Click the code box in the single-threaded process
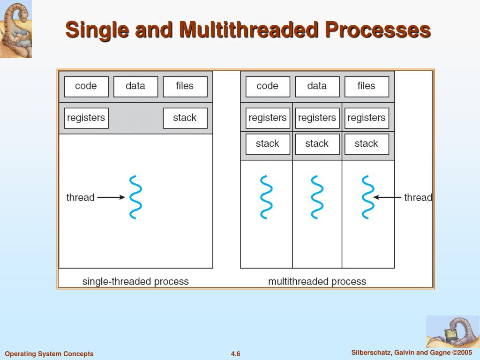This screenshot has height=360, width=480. [x=86, y=87]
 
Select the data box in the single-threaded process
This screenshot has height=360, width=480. [x=135, y=87]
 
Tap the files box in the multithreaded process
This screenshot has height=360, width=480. [x=366, y=87]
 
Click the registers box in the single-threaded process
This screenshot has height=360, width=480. [x=86, y=118]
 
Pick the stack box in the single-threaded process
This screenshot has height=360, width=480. [x=185, y=118]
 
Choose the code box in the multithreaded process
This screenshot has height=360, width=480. [x=268, y=87]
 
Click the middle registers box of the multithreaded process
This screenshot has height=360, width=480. [x=317, y=118]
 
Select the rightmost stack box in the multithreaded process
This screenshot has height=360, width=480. [x=366, y=144]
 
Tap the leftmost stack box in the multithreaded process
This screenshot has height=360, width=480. [x=268, y=144]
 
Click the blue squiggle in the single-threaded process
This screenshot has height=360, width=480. [x=135, y=197]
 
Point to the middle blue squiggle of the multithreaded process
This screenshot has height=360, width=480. [x=317, y=197]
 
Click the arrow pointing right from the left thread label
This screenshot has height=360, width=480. [x=111, y=197]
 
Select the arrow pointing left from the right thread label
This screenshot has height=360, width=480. [x=388, y=197]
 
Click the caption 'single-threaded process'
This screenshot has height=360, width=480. [x=135, y=282]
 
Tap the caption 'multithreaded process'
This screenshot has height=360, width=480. [x=317, y=282]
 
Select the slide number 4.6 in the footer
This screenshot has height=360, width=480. [x=235, y=354]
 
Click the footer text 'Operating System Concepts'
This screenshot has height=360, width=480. [x=49, y=354]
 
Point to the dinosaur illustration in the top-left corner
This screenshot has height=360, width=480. [x=15, y=29]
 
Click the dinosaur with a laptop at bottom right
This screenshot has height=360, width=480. [x=452, y=331]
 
